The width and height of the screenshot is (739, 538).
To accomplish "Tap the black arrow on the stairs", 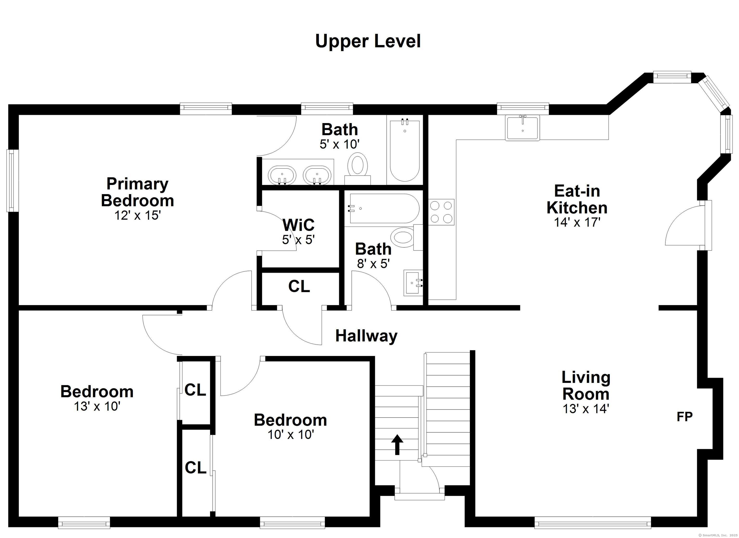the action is pyautogui.click(x=397, y=444).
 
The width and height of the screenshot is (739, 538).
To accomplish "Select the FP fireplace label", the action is pyautogui.click(x=685, y=417).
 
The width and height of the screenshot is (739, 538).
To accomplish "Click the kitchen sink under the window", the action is pyautogui.click(x=522, y=128).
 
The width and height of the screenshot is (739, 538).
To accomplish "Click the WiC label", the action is pyautogui.click(x=299, y=225).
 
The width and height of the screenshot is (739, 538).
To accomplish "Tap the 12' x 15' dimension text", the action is pyautogui.click(x=138, y=215).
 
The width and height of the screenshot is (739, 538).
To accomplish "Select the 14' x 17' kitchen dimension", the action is pyautogui.click(x=577, y=222).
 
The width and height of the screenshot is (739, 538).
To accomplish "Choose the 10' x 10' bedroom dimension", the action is pyautogui.click(x=291, y=435).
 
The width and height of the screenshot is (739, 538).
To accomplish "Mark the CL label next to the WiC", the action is pyautogui.click(x=299, y=286).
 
